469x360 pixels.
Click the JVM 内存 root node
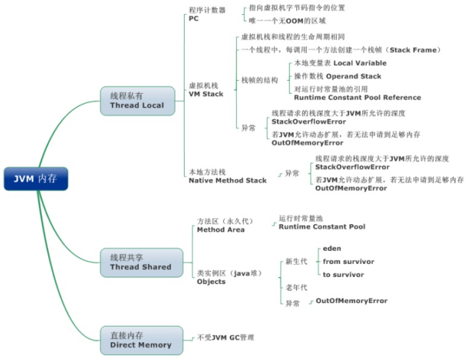click(36, 179)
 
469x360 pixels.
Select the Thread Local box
click(138, 101)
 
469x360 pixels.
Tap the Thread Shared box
click(141, 263)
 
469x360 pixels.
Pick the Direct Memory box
click(141, 340)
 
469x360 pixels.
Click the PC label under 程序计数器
click(194, 18)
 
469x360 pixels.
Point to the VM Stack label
click(206, 94)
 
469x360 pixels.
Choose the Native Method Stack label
click(227, 180)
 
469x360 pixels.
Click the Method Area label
click(221, 230)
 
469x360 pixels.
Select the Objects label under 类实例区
click(211, 282)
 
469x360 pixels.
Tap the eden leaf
click(332, 249)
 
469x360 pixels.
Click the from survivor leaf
click(348, 262)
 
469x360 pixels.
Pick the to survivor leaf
click(343, 275)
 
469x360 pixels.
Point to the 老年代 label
click(296, 288)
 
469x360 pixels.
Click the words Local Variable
click(360, 63)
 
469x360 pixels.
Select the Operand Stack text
click(354, 77)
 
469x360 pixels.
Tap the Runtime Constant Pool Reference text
click(357, 98)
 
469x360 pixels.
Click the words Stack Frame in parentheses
click(413, 50)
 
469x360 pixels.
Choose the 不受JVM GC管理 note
click(226, 337)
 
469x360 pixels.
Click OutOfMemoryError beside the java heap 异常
click(351, 301)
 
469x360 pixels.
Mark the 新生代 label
click(296, 262)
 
